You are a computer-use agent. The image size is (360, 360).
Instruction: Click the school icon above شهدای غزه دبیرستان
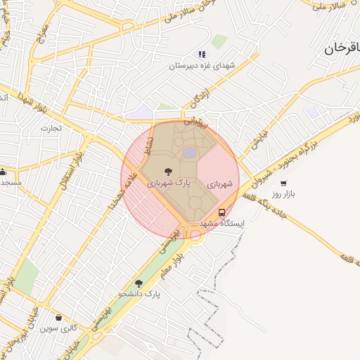click(x=202, y=54)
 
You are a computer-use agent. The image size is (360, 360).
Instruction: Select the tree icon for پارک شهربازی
click(x=167, y=171)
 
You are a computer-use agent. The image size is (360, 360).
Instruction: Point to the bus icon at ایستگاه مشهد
click(x=222, y=212)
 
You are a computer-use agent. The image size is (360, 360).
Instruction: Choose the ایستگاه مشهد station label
click(x=221, y=223)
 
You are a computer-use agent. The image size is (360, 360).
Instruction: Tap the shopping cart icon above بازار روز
click(x=283, y=183)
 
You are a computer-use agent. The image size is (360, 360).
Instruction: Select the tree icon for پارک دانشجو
click(x=139, y=283)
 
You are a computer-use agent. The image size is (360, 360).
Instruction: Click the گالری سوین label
click(x=58, y=328)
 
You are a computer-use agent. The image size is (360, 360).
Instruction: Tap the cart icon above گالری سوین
click(x=58, y=318)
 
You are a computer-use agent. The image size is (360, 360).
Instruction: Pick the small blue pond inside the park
click(x=189, y=153)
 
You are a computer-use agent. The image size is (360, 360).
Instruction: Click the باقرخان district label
click(x=342, y=50)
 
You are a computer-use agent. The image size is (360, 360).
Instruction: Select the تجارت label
click(x=51, y=129)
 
